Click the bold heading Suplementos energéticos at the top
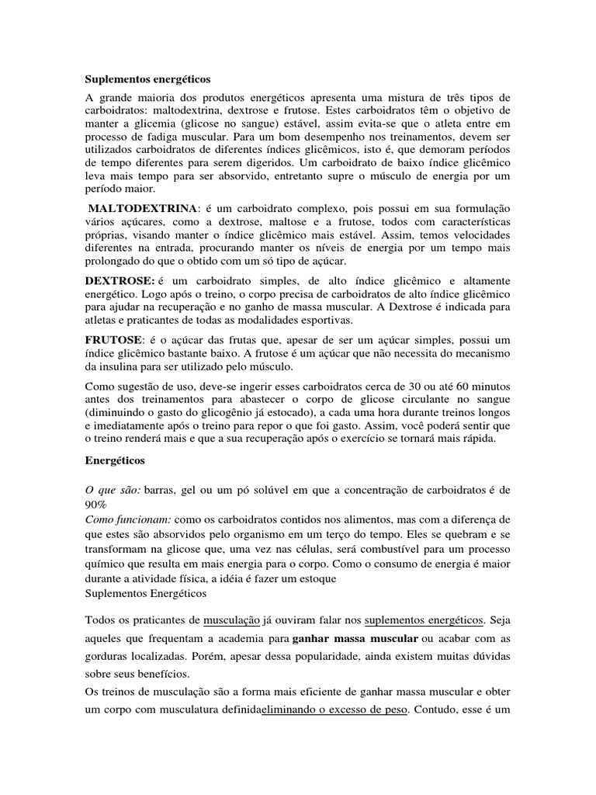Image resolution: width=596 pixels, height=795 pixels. pyautogui.click(x=147, y=79)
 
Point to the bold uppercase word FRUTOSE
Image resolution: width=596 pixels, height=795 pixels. pyautogui.click(x=113, y=339)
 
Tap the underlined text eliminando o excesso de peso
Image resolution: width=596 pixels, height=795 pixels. pyautogui.click(x=334, y=710)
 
